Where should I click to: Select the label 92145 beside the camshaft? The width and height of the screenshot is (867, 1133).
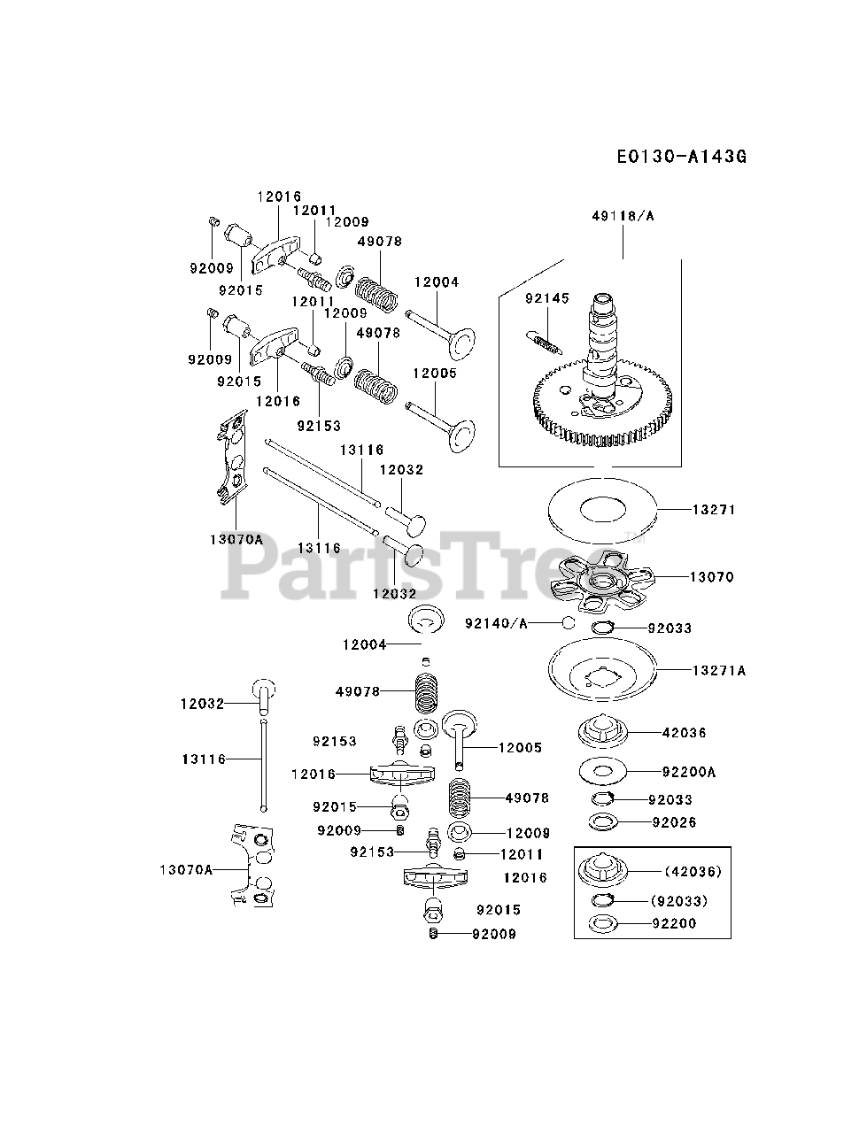tap(546, 298)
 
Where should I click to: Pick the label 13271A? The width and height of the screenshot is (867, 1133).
tap(718, 670)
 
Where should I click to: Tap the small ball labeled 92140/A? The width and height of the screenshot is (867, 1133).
tap(567, 622)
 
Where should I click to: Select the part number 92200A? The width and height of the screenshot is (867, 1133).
tap(688, 772)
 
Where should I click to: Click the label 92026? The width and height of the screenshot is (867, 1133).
tap(674, 822)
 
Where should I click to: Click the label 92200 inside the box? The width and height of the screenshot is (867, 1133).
tap(674, 923)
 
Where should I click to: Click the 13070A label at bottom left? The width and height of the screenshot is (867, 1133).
tap(186, 870)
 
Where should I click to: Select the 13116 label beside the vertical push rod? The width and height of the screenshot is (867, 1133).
tap(204, 759)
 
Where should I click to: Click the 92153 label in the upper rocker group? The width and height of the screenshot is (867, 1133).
tap(319, 425)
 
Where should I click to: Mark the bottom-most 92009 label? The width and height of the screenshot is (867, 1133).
tap(493, 933)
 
